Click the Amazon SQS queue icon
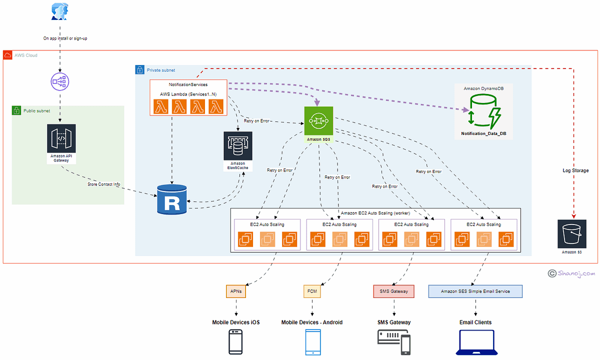(x=318, y=120)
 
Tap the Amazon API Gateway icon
(x=61, y=138)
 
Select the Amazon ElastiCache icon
(x=237, y=146)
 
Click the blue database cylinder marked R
(x=171, y=198)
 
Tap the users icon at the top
(x=59, y=11)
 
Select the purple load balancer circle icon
(x=59, y=81)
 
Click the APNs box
(x=235, y=291)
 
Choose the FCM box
(x=311, y=291)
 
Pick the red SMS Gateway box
(x=393, y=291)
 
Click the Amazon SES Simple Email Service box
(x=475, y=291)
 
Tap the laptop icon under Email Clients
(x=475, y=342)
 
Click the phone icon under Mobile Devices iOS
(x=235, y=342)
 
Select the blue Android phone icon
(x=311, y=342)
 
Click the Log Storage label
(x=575, y=170)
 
